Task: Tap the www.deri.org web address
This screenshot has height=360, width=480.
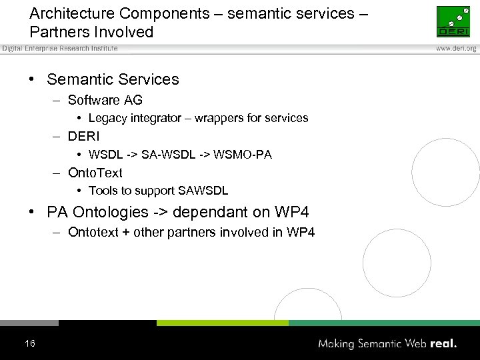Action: pos(456,49)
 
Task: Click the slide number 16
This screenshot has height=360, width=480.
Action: pos(29,343)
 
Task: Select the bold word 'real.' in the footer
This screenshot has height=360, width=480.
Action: pos(443,344)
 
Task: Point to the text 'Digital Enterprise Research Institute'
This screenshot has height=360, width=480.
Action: pos(60,48)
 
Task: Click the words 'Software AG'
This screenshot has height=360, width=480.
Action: pos(105,100)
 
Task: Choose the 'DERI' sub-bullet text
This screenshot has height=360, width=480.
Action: pos(83,137)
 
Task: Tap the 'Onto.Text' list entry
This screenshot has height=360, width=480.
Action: pos(95,173)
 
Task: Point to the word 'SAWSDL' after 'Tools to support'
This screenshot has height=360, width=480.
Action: pos(207,191)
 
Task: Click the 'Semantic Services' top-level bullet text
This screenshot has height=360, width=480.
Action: pos(113,79)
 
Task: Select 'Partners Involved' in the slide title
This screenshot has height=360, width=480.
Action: pos(91,31)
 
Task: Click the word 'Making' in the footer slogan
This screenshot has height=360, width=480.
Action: pos(337,344)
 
